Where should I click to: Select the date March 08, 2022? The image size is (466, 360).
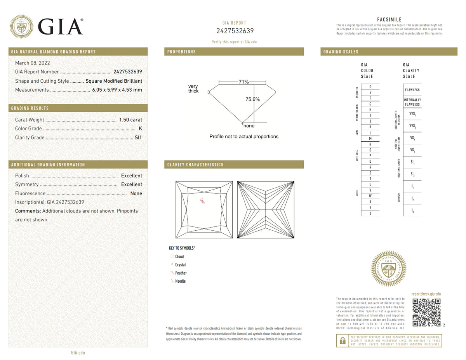tap(32, 63)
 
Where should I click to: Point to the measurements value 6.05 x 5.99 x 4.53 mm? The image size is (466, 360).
tap(117, 90)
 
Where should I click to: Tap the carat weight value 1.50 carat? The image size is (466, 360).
tap(130, 120)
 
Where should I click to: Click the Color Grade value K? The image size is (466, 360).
tap(140, 129)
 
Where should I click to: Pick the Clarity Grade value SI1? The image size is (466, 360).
tap(138, 137)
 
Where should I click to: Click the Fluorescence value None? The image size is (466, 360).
tap(136, 193)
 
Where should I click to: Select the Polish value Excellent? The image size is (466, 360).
tap(131, 176)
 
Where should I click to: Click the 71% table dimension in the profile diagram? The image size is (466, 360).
tap(243, 82)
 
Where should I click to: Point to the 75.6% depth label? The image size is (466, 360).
tap(252, 99)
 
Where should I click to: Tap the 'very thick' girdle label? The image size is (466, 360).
tap(193, 89)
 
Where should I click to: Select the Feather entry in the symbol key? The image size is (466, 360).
tap(181, 273)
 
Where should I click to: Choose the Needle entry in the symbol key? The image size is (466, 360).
tap(180, 281)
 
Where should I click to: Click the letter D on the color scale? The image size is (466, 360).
tap(370, 86)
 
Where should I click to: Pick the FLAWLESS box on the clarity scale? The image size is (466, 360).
tap(412, 90)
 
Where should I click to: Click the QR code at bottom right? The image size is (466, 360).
tap(426, 313)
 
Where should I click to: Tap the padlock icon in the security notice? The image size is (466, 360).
tap(342, 341)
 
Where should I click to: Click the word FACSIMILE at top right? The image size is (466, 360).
tap(389, 20)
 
